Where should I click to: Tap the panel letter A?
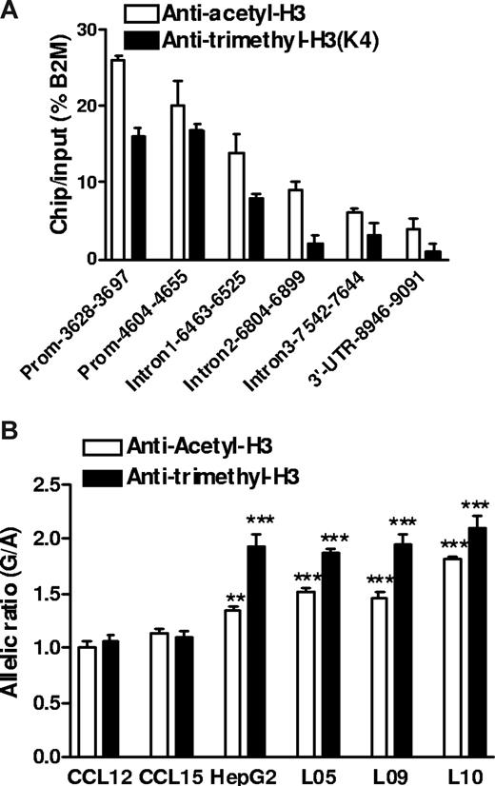tap(10, 9)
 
